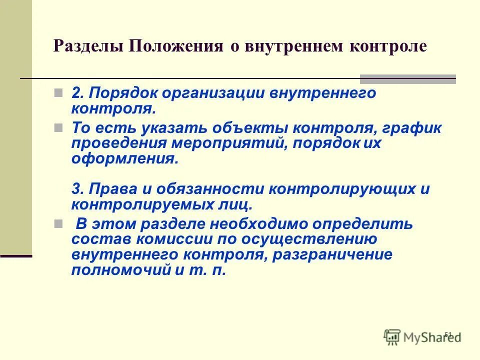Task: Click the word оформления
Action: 123,159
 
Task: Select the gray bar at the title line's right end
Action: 408,78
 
